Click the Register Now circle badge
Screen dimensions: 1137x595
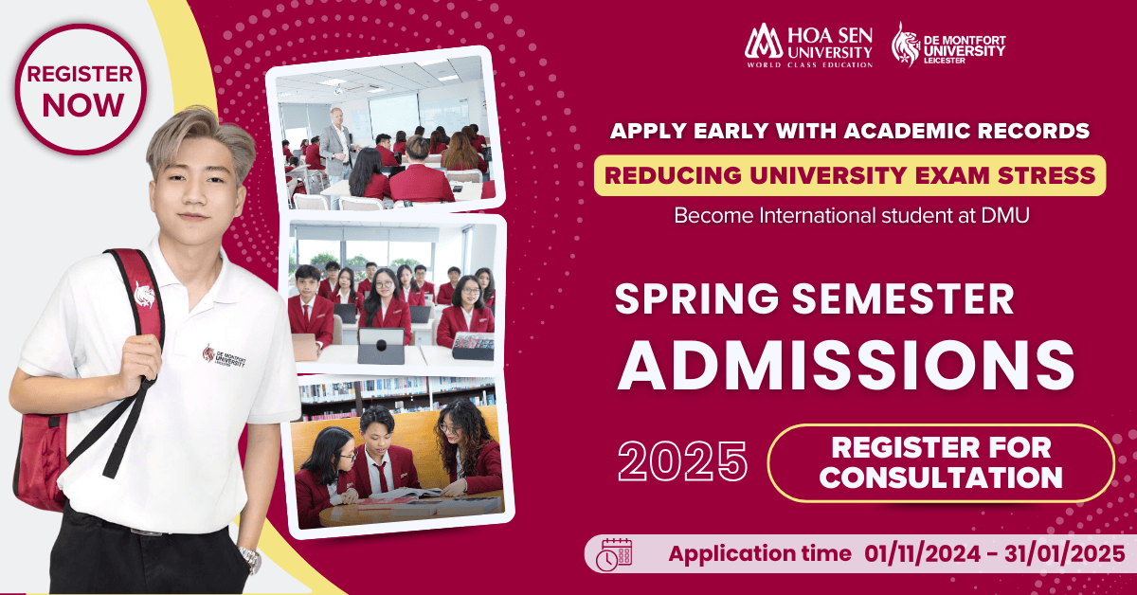point(81,89)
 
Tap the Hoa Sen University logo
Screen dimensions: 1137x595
point(808,45)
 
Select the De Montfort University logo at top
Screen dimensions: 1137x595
point(948,45)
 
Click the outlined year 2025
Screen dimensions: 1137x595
point(683,461)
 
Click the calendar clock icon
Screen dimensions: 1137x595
point(614,554)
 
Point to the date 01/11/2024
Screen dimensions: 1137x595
point(922,553)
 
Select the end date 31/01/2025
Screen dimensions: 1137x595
point(1064,553)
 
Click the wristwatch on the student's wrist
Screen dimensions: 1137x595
point(250,560)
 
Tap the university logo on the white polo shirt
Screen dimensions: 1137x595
point(224,355)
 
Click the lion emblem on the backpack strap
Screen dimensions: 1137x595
point(145,295)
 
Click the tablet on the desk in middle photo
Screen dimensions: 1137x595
point(381,345)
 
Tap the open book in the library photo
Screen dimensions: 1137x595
point(406,493)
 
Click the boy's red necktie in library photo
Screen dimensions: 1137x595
point(381,477)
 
